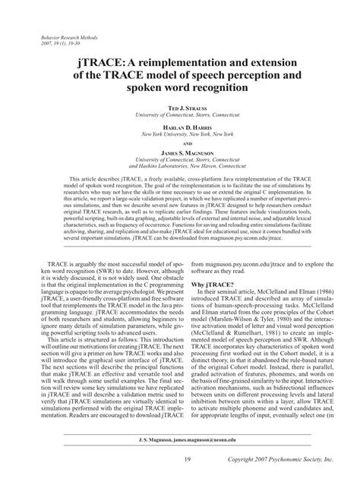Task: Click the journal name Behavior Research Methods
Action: [65, 36]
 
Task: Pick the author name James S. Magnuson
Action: [180, 153]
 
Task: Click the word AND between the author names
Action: [180, 142]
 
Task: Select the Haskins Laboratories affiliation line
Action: [180, 166]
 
